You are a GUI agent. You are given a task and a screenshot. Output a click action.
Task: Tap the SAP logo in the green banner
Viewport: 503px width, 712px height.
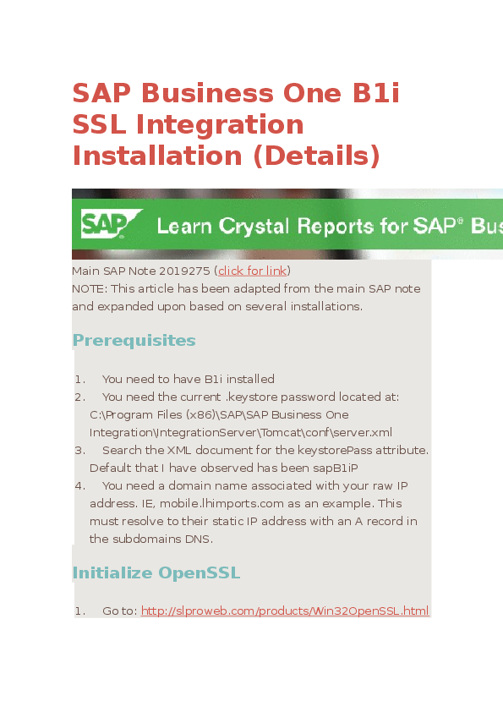coord(104,225)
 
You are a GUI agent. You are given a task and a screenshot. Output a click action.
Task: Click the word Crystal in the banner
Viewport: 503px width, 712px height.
coord(256,226)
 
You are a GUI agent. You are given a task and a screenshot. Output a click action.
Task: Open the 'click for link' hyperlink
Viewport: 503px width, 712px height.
coord(253,271)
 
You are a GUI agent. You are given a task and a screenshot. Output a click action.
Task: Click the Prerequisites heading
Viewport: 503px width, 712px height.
coord(134,340)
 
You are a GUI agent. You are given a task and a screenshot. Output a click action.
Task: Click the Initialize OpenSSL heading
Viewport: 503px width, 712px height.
coord(156,572)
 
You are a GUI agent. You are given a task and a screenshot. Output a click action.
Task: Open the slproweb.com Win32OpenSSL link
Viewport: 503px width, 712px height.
coord(285,611)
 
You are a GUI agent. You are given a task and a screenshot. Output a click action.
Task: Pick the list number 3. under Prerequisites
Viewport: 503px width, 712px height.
coord(79,450)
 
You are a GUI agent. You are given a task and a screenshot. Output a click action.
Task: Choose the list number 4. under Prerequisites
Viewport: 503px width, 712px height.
coord(79,485)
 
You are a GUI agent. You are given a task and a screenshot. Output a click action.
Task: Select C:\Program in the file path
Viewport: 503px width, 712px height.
coord(116,414)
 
